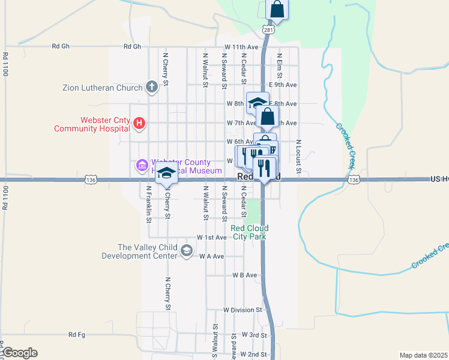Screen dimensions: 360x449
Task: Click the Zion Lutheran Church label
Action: (103, 88)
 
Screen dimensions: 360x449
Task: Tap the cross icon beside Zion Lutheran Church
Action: (152, 87)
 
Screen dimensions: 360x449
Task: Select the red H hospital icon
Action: (139, 124)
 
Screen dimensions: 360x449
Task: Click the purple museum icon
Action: (142, 165)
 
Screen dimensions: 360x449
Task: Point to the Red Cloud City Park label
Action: (250, 232)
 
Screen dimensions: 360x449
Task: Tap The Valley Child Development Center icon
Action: (187, 251)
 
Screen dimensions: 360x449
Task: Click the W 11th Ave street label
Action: (241, 47)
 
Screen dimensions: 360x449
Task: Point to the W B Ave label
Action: (244, 275)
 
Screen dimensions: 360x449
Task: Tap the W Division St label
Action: (243, 310)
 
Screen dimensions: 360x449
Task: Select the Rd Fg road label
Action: (77, 335)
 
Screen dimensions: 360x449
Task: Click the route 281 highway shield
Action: (268, 29)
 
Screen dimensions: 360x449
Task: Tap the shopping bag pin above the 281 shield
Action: (277, 8)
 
